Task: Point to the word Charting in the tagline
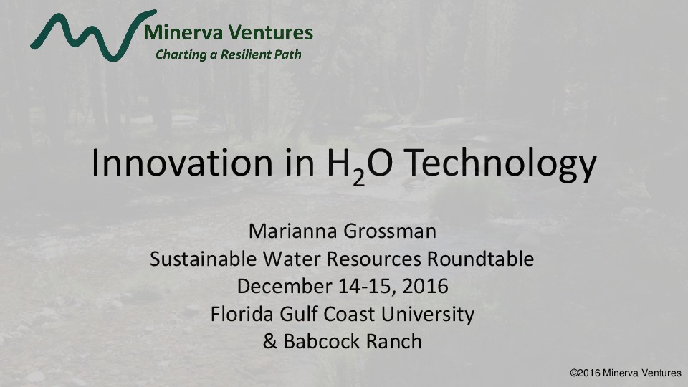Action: click(181, 54)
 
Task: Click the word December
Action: click(280, 287)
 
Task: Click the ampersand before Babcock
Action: click(270, 342)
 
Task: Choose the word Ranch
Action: click(393, 342)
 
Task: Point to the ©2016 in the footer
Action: click(583, 373)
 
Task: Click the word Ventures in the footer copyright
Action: click(659, 373)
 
